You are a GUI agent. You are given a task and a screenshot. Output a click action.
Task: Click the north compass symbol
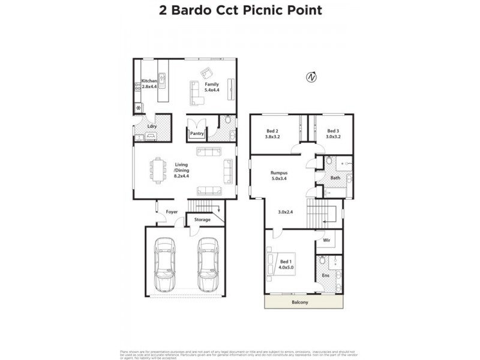pyautogui.click(x=311, y=77)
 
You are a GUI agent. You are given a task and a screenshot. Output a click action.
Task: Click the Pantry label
pyautogui.click(x=197, y=134)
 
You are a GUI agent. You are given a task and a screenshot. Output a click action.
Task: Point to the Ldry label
pyautogui.click(x=143, y=126)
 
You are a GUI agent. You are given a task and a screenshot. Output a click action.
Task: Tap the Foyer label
pyautogui.click(x=172, y=212)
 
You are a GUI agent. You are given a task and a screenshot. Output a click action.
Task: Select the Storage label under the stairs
pyautogui.click(x=202, y=220)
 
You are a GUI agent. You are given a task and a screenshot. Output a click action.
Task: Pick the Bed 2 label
pyautogui.click(x=272, y=134)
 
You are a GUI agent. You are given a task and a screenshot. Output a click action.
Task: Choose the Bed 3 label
pyautogui.click(x=334, y=134)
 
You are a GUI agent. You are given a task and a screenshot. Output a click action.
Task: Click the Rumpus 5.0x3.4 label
pyautogui.click(x=279, y=175)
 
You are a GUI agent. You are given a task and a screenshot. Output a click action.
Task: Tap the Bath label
pyautogui.click(x=334, y=178)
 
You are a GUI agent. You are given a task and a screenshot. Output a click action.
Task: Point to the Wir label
pyautogui.click(x=326, y=241)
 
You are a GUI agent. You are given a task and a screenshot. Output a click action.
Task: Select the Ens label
pyautogui.click(x=326, y=275)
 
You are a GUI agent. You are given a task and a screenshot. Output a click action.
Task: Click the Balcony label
pyautogui.click(x=299, y=302)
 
